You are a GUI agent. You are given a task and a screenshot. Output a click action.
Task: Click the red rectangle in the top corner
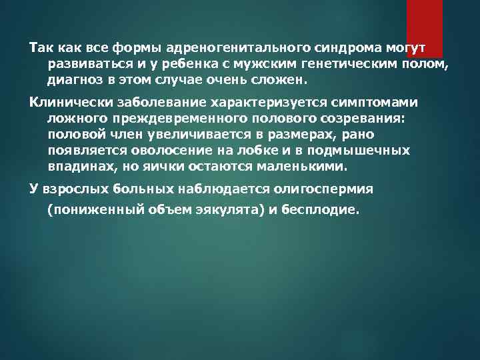tap(425, 27)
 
